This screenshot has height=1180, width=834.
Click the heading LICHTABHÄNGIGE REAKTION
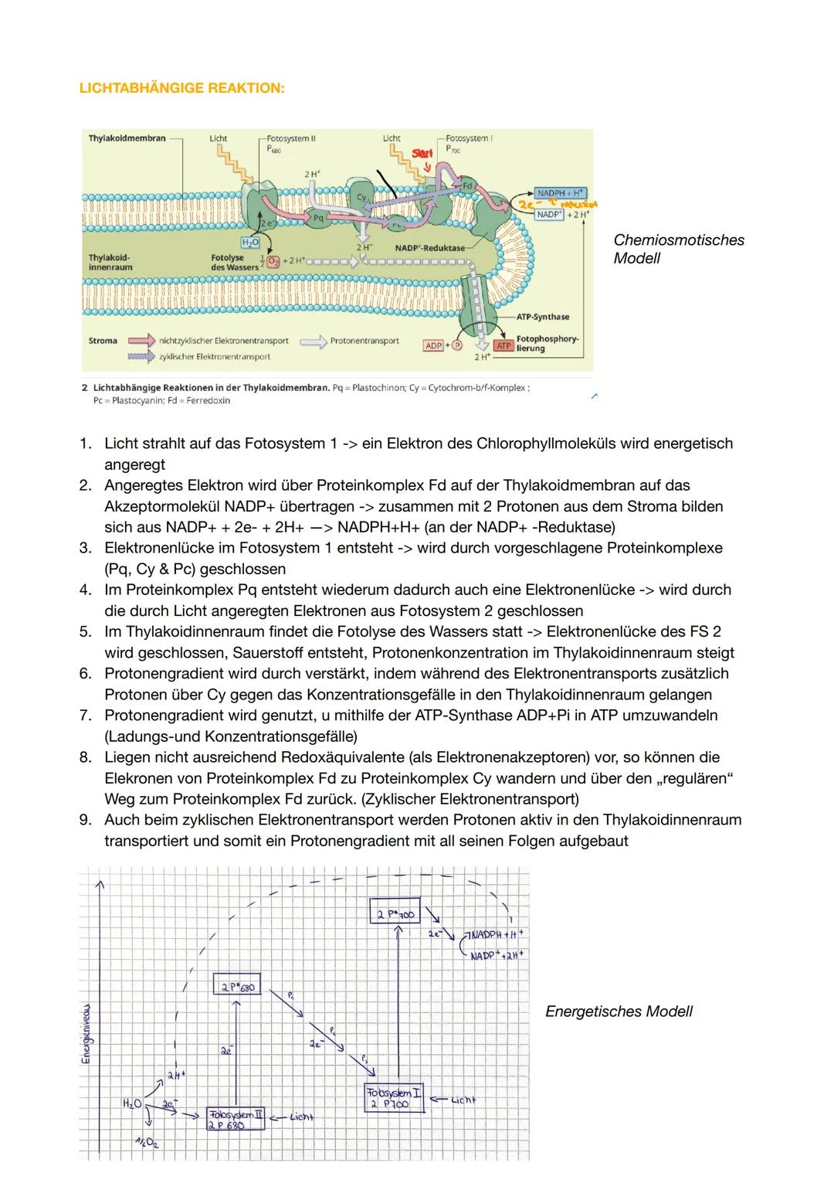click(181, 88)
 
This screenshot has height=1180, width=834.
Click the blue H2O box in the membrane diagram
click(250, 243)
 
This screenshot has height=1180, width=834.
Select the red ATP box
click(503, 345)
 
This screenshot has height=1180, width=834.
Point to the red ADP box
click(433, 345)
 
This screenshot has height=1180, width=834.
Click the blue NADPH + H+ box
click(560, 192)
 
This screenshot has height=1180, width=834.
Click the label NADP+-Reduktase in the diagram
click(429, 247)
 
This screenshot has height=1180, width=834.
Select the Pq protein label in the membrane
click(318, 218)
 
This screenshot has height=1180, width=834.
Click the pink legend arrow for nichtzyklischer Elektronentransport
click(141, 341)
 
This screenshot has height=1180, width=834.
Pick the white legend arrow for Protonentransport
click(313, 341)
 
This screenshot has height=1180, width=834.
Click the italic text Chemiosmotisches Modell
click(678, 249)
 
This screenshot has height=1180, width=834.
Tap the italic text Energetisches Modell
click(619, 1012)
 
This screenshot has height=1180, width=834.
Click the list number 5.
click(86, 631)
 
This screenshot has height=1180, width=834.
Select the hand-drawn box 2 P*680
click(235, 987)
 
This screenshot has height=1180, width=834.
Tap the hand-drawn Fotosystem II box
click(235, 1119)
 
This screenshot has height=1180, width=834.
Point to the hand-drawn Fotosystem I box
click(394, 1097)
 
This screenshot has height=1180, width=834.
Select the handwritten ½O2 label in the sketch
click(144, 1143)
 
